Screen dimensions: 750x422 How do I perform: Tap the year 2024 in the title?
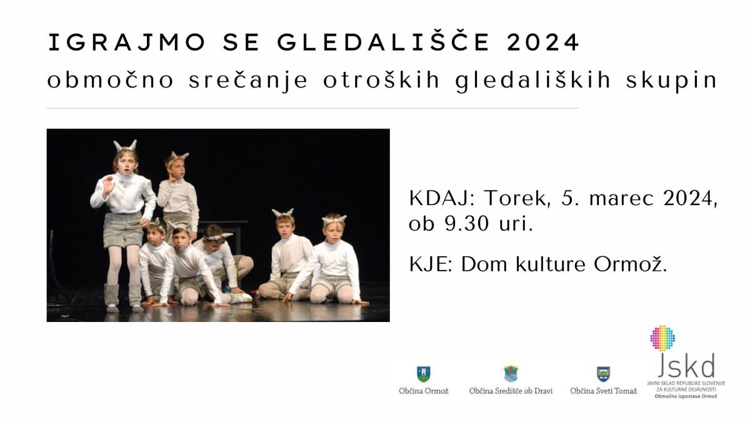(x=543, y=43)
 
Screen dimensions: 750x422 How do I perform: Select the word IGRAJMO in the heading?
(x=126, y=43)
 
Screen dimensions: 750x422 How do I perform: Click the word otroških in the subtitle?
(x=381, y=81)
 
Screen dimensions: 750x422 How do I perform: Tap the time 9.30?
(x=467, y=223)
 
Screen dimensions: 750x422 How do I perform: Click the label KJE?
(x=431, y=264)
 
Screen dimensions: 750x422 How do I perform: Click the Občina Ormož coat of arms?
(x=424, y=374)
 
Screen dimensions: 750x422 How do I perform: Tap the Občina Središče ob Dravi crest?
(x=511, y=373)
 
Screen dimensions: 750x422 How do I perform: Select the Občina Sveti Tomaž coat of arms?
(x=603, y=374)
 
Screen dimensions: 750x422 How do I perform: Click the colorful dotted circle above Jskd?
(x=662, y=338)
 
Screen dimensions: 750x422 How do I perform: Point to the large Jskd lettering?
(x=686, y=366)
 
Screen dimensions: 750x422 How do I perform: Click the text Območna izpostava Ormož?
(x=686, y=396)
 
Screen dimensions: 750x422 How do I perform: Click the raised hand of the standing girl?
(x=108, y=187)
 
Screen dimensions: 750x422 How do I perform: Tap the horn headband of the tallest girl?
(x=125, y=146)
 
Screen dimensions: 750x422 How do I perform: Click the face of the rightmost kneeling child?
(x=334, y=232)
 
